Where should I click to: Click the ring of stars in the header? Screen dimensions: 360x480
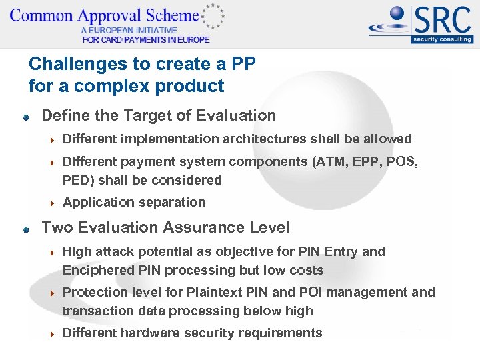(x=213, y=16)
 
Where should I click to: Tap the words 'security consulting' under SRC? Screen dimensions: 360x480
(x=442, y=39)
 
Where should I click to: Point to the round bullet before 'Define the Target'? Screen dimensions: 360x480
(x=26, y=117)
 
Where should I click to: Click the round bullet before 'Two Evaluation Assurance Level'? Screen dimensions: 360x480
(x=26, y=229)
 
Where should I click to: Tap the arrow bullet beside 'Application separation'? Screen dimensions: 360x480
(x=52, y=203)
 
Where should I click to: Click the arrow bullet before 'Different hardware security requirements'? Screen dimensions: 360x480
(x=52, y=333)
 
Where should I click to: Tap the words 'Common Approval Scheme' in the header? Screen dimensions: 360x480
(x=103, y=15)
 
